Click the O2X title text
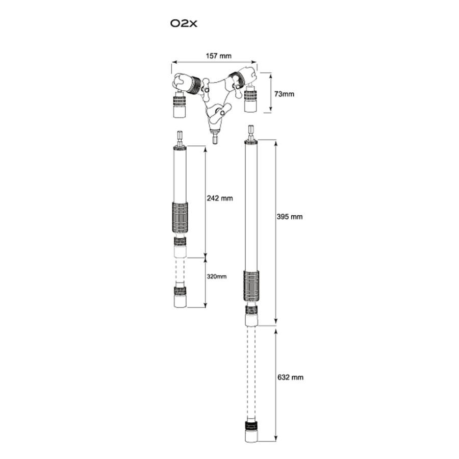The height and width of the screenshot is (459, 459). click(184, 23)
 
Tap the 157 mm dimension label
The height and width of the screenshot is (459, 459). click(218, 56)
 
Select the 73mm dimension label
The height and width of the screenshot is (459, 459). click(284, 94)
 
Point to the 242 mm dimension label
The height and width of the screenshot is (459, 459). click(220, 198)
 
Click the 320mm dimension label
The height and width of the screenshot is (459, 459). click(217, 276)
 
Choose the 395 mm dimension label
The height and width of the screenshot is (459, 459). click(290, 217)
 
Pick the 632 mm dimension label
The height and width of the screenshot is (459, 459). click(290, 377)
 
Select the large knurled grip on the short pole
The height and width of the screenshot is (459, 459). click(180, 218)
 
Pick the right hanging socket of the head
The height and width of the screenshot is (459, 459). click(250, 99)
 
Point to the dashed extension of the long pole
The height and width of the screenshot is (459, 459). click(251, 373)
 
